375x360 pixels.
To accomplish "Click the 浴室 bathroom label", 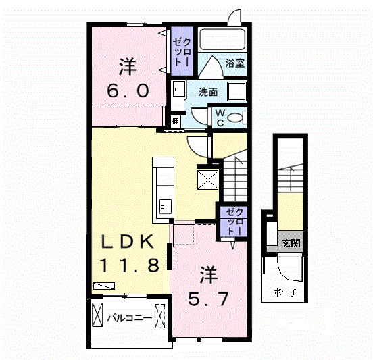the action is coord(235,63).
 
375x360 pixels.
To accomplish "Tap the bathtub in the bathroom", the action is coord(222,39).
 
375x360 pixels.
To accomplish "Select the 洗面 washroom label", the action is coord(208,92).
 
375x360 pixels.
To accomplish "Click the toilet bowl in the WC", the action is coord(235,118).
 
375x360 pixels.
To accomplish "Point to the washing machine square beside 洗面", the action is coord(236,91).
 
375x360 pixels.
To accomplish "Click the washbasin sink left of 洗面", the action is coord(178,89).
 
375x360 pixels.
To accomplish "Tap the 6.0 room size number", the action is coord(128,91).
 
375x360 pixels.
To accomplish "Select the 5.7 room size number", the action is coord(208,299).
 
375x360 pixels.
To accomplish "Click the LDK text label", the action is coord(128,241).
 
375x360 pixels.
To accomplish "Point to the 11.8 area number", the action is coord(129,265).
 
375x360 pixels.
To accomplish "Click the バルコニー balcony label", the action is coord(129,318).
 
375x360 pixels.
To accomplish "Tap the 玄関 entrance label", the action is coord(291,243).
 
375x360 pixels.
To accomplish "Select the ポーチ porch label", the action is coord(285,292).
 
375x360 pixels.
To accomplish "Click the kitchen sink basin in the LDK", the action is coord(166,206).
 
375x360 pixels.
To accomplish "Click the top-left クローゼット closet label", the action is coord(182,52).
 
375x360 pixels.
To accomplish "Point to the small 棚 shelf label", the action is coord(176,121).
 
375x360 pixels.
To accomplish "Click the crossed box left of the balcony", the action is coord(97,315).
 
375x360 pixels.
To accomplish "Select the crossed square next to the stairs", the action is coord(208,180).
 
